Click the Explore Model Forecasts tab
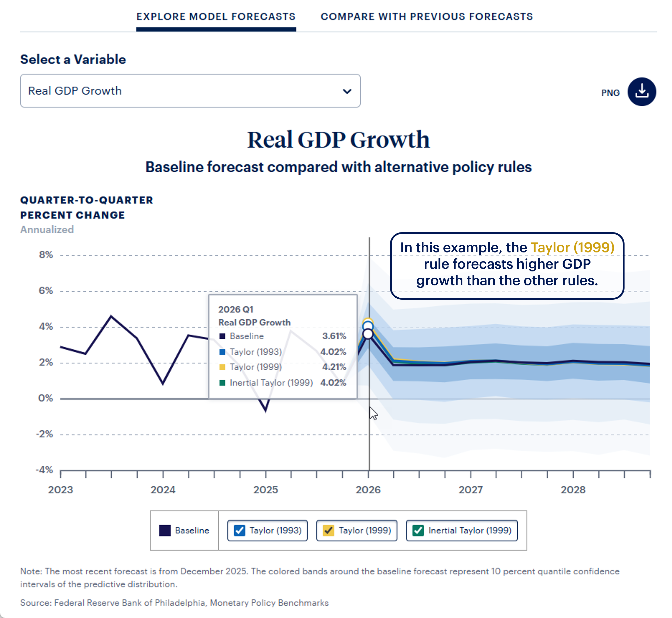216,17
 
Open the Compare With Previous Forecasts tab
426,17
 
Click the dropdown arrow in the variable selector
347,91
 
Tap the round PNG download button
641,92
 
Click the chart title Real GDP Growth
338,140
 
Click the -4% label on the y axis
44,470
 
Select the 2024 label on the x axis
163,490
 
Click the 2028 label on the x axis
573,490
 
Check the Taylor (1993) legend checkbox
240,530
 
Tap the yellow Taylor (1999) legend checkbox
329,530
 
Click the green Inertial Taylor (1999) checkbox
418,530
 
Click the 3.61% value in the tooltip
334,336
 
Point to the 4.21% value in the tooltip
334,367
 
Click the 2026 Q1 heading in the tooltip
236,309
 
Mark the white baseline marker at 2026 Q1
368,334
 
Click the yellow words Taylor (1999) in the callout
572,247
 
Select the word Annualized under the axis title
47,230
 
